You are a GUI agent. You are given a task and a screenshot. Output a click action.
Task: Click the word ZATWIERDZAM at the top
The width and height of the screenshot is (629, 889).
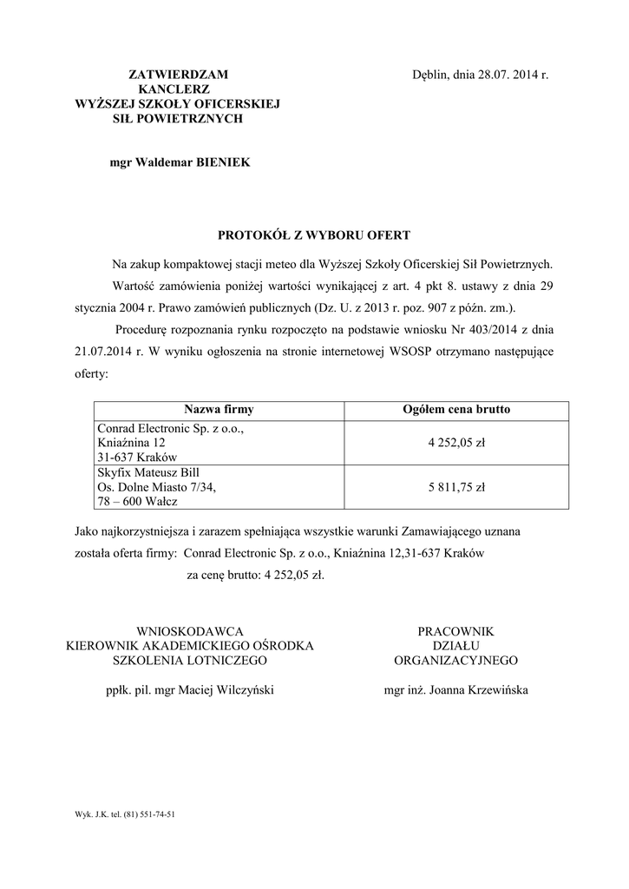pyautogui.click(x=178, y=75)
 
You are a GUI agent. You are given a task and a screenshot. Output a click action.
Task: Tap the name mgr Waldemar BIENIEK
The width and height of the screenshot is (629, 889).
pyautogui.click(x=180, y=162)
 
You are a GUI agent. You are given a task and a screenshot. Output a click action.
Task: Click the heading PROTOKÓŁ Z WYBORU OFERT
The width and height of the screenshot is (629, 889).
pyautogui.click(x=314, y=234)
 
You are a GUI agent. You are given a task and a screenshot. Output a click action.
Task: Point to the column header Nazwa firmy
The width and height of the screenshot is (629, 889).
pyautogui.click(x=219, y=409)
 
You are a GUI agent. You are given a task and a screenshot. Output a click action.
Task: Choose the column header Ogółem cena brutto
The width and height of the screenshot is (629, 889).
pyautogui.click(x=457, y=409)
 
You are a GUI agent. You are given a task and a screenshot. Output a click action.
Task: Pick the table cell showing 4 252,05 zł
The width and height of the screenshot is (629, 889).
pyautogui.click(x=456, y=442)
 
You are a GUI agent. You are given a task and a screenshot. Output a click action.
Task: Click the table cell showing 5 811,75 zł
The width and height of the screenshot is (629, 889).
pyautogui.click(x=456, y=487)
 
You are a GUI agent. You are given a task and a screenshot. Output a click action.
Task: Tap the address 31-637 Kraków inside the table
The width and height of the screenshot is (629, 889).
pyautogui.click(x=137, y=457)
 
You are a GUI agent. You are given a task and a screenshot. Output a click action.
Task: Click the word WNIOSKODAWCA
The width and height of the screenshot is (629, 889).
pyautogui.click(x=190, y=631)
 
